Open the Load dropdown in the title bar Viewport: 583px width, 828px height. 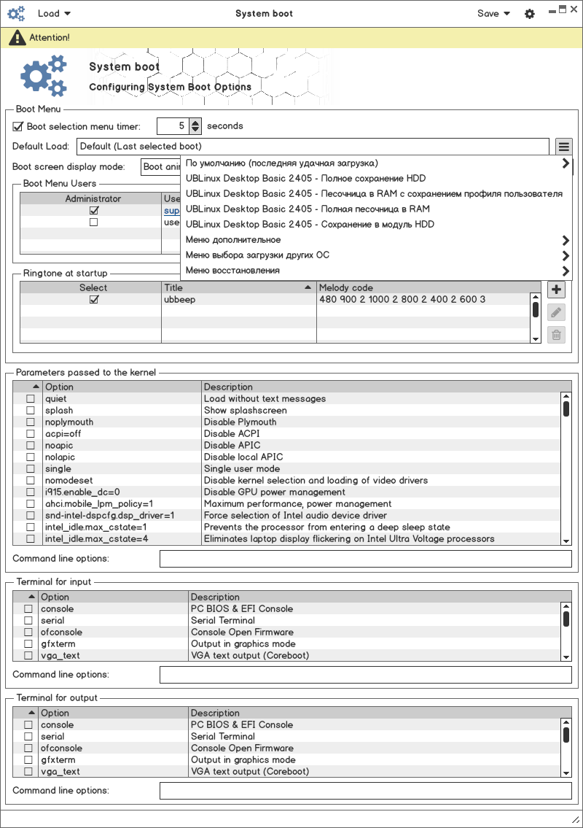tap(54, 14)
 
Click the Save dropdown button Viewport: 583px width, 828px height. tap(493, 14)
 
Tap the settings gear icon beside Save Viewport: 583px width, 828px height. tap(530, 14)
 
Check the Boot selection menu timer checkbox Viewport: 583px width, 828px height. tap(19, 126)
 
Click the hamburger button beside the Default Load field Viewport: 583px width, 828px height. tap(564, 147)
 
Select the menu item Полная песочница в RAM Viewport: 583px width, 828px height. tap(308, 209)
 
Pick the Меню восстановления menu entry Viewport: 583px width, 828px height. tap(232, 271)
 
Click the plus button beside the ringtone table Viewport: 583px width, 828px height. tap(556, 290)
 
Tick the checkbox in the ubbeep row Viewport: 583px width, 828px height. tap(93, 300)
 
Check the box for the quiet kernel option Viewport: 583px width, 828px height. tap(31, 399)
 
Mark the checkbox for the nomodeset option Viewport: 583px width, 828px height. tap(31, 481)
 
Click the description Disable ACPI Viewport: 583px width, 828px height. tap(232, 434)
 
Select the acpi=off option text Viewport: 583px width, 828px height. tap(63, 434)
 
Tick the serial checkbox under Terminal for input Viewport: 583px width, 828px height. tap(28, 621)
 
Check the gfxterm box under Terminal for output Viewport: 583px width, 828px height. tap(28, 760)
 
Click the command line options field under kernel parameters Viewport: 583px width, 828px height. tap(365, 559)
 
